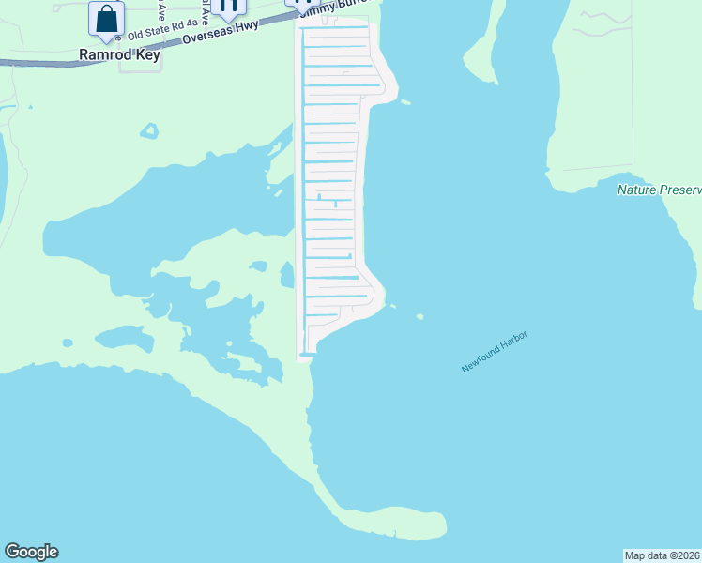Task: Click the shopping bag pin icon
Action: (107, 19)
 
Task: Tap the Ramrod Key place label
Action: (120, 55)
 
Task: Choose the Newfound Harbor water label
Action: (494, 352)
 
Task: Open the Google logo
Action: (31, 552)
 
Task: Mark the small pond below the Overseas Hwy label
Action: (149, 130)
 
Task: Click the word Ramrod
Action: (99, 55)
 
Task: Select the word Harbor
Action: (512, 341)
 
